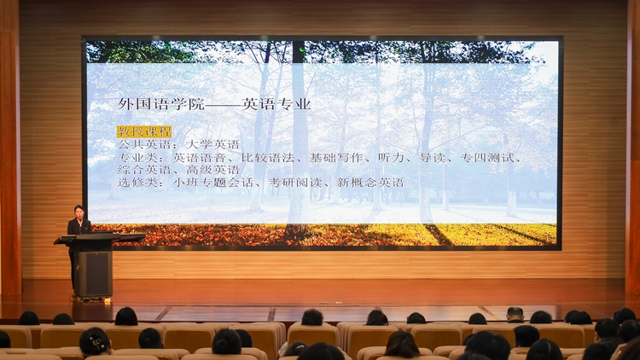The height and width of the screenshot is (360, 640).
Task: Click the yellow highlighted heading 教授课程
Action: click(x=144, y=131)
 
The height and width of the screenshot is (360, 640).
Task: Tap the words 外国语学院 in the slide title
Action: click(x=161, y=104)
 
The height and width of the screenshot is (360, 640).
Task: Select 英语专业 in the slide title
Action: click(x=276, y=104)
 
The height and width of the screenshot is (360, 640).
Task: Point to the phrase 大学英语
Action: click(x=212, y=144)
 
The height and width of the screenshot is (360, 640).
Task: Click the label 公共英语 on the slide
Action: click(x=144, y=144)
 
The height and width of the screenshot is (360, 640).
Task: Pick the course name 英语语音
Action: click(x=199, y=157)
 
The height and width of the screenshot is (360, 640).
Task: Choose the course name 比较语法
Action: click(x=268, y=157)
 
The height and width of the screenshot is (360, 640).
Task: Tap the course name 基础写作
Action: click(x=336, y=157)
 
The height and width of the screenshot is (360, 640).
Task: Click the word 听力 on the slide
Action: click(x=391, y=157)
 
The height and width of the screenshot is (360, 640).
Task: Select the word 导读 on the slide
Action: click(x=432, y=157)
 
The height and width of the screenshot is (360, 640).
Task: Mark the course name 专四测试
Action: click(x=487, y=157)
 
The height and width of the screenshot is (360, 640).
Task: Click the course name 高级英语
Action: click(x=212, y=170)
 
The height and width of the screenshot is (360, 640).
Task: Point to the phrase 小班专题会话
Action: click(x=213, y=182)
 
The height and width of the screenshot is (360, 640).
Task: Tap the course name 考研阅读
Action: click(x=294, y=182)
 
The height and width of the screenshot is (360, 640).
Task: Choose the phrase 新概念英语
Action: click(x=370, y=182)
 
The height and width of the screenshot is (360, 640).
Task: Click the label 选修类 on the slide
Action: click(x=137, y=182)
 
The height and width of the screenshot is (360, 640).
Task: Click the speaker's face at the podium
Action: click(x=79, y=213)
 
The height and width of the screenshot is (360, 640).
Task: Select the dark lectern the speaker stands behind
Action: click(x=96, y=265)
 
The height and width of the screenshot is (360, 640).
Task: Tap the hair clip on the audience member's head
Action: click(x=97, y=343)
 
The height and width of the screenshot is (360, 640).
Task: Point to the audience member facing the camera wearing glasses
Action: click(x=515, y=315)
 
